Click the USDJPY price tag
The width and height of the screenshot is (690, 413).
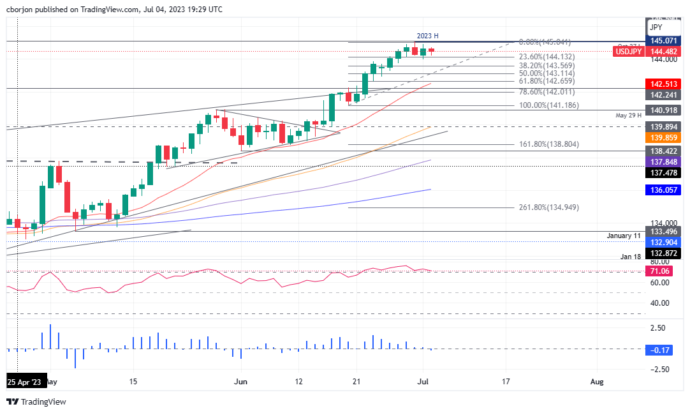[628, 52]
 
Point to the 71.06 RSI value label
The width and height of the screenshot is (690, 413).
[660, 271]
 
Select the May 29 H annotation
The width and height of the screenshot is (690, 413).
[629, 116]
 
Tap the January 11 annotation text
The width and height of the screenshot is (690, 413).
[623, 236]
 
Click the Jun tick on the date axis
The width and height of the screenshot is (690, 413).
[240, 382]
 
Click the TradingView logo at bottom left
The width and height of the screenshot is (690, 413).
[36, 402]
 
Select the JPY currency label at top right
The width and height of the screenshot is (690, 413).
[656, 27]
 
